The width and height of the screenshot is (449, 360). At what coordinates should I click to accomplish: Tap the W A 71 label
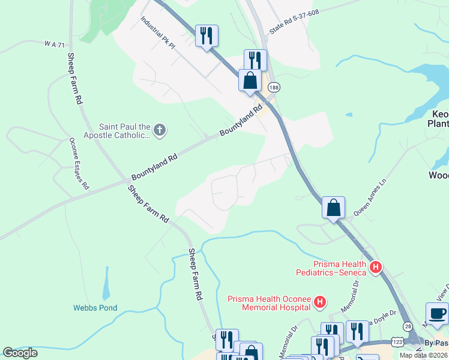(53, 44)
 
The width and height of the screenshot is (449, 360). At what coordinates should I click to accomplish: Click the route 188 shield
(274, 88)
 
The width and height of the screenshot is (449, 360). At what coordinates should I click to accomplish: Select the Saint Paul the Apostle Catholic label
(124, 131)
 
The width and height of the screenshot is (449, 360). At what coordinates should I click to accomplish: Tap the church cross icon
(159, 130)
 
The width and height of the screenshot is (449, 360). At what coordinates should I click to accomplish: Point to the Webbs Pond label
(95, 308)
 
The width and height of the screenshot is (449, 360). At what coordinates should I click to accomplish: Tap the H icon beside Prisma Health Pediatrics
(376, 267)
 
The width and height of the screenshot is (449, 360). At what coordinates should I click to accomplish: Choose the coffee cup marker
(437, 314)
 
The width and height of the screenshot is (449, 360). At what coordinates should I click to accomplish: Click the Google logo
(20, 353)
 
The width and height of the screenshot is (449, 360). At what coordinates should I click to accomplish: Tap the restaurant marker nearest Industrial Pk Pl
(206, 36)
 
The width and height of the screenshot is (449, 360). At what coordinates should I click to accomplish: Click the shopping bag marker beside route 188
(250, 80)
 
